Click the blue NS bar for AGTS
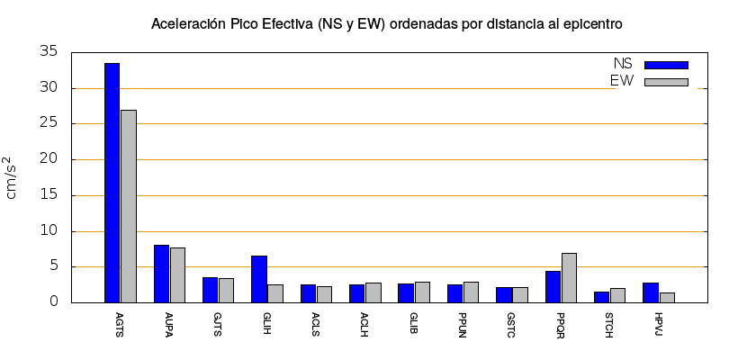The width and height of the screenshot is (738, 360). pos(112,183)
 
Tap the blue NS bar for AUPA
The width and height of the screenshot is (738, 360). pos(161,274)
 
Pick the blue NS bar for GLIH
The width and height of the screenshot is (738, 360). pos(259,279)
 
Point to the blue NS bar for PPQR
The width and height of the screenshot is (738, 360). pos(553,286)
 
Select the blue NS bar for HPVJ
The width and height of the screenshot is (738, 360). pos(651,292)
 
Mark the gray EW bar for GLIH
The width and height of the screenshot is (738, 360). pos(275,293)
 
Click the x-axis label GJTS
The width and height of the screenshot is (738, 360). pos(218,321)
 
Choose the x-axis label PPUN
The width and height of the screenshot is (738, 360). pos(463,322)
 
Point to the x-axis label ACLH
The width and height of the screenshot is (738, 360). pos(364,322)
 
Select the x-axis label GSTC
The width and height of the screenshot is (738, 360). pos(511,322)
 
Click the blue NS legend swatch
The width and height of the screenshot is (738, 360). pos(666,65)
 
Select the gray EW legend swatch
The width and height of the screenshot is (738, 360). pos(666,82)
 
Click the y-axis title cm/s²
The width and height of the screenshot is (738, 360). pos(13,177)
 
